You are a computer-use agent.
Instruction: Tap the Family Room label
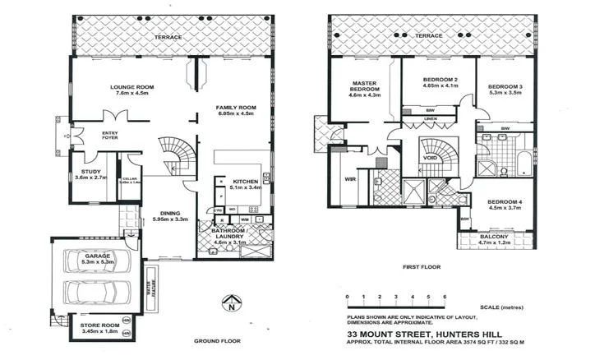tap(236, 108)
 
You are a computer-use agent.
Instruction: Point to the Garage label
tap(98, 256)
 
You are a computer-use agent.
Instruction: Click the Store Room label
tap(99, 325)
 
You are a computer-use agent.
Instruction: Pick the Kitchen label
tap(246, 181)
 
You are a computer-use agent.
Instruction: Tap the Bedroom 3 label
tap(503, 86)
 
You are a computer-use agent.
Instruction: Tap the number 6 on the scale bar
tap(444, 294)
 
